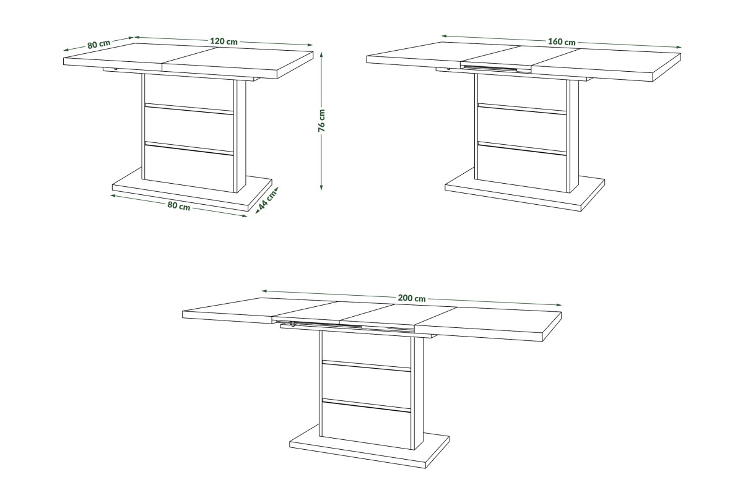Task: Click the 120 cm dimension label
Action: pos(224,41)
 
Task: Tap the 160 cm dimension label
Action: pos(562,41)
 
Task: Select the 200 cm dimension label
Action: pos(412,298)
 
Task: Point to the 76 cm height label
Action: pos(322,121)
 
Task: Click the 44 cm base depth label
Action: pos(267,200)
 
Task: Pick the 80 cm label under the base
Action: pos(179,206)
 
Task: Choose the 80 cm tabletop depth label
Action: pos(99,44)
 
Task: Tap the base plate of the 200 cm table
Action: pos(369,451)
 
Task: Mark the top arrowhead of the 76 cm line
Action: pos(321,54)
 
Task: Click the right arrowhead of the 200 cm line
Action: pos(559,305)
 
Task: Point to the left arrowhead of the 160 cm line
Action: pos(444,36)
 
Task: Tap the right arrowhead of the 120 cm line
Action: pos(310,45)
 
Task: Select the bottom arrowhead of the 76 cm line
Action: pos(321,187)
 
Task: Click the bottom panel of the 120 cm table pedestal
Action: pos(189,168)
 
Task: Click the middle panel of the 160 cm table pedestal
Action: pos(522,126)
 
